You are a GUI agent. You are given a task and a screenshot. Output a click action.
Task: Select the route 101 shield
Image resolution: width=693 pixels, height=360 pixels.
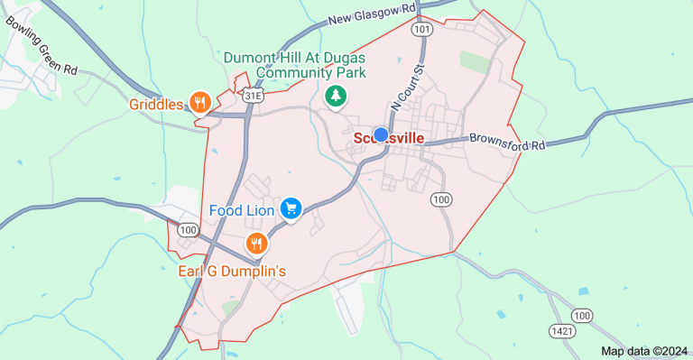click(x=422, y=30)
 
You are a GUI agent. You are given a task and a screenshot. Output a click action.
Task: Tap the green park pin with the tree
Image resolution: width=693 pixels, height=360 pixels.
click(x=336, y=95)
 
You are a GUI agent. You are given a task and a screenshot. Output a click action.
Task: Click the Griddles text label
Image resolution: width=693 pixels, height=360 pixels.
click(x=156, y=104)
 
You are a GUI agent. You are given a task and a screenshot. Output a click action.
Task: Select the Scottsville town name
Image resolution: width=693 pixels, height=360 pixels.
click(x=389, y=138)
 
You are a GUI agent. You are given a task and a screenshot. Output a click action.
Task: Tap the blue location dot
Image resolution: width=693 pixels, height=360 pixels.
click(x=381, y=134)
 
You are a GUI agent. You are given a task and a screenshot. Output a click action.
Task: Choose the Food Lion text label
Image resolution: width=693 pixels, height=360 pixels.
click(x=242, y=210)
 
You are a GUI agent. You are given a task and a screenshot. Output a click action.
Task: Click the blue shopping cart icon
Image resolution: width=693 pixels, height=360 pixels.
click(x=291, y=209)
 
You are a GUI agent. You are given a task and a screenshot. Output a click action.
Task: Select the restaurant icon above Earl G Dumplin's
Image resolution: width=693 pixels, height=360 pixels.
click(x=257, y=243)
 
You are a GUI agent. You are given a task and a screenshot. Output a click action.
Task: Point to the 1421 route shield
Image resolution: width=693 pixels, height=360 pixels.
click(x=563, y=331)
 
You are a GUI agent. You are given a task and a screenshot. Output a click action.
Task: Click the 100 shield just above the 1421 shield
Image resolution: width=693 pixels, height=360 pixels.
click(x=583, y=315)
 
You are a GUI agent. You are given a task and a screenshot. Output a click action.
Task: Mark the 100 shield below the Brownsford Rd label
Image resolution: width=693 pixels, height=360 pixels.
click(x=440, y=198)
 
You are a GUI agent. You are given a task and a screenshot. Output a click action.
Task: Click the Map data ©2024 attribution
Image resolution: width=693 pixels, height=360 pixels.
click(x=644, y=351)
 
